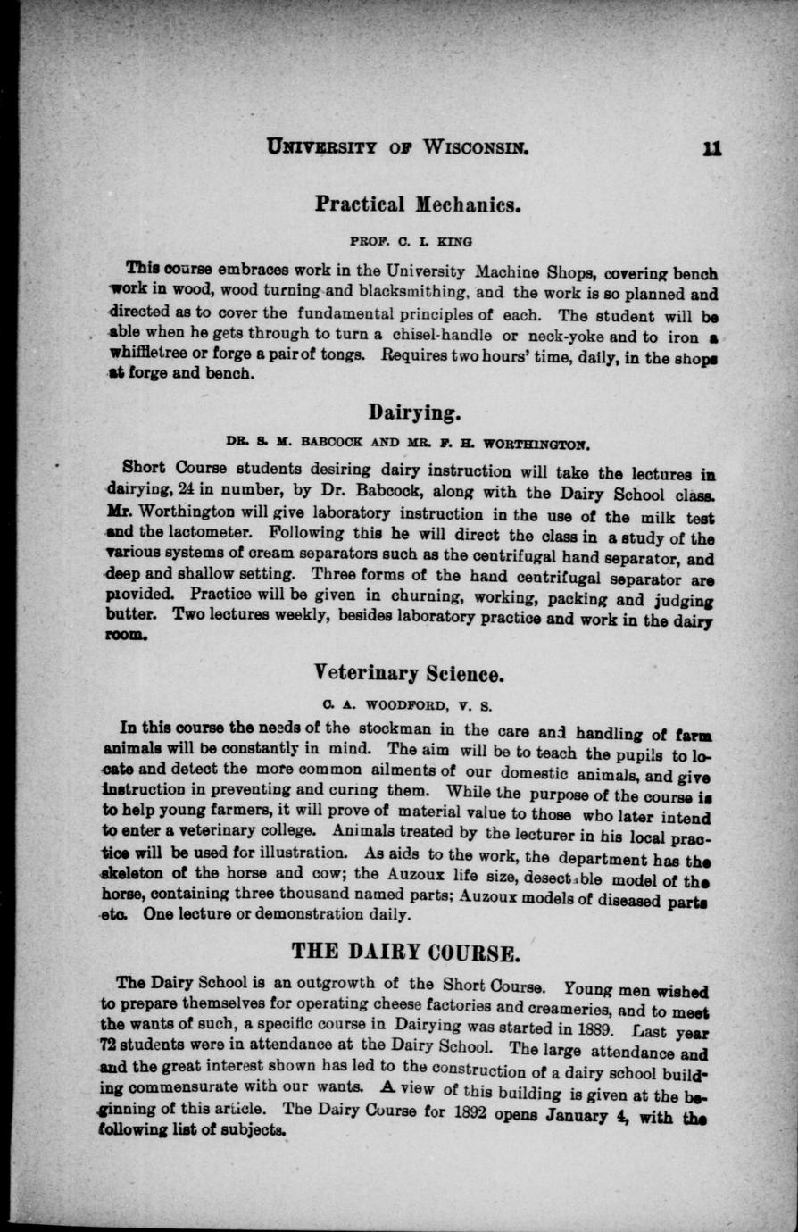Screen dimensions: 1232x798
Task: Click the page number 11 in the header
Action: click(x=711, y=146)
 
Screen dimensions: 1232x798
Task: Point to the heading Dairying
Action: click(x=413, y=412)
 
